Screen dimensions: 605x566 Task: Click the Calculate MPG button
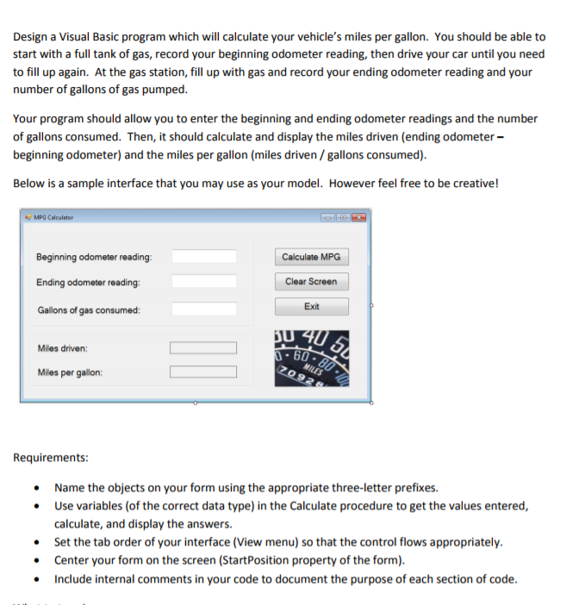pyautogui.click(x=311, y=257)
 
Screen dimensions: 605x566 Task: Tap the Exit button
pyautogui.click(x=311, y=307)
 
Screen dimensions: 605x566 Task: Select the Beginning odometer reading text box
pyautogui.click(x=203, y=257)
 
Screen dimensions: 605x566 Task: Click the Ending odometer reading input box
pyautogui.click(x=203, y=282)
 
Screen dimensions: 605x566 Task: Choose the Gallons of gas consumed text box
pyautogui.click(x=203, y=309)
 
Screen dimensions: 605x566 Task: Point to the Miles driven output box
pyautogui.click(x=203, y=348)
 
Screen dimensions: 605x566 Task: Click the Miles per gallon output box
pyautogui.click(x=203, y=372)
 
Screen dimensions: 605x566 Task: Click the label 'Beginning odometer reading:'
pyautogui.click(x=94, y=258)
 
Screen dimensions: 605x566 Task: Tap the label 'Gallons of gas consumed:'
pyautogui.click(x=89, y=310)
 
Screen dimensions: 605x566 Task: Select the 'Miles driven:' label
pyautogui.click(x=63, y=348)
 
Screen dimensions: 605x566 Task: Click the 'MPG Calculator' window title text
pyautogui.click(x=53, y=217)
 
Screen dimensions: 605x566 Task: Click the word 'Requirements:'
pyautogui.click(x=50, y=458)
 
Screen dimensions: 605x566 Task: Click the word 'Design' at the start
pyautogui.click(x=32, y=37)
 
